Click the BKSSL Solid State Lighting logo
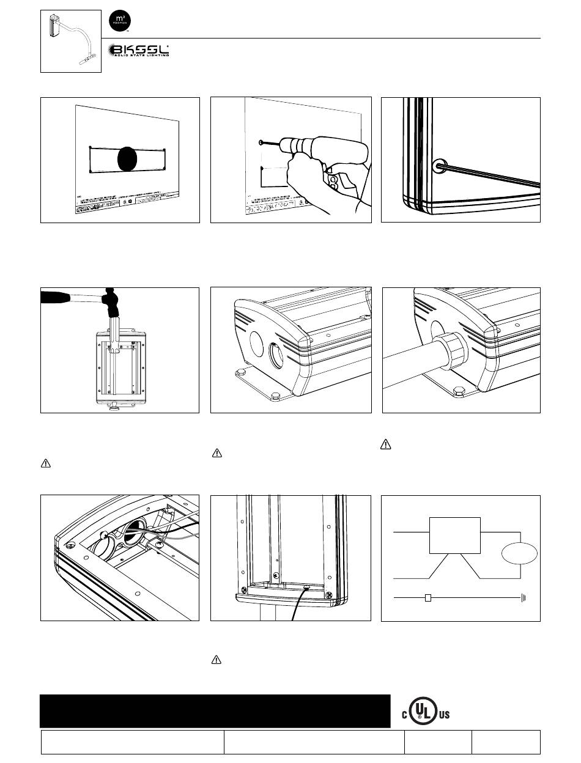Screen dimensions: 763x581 point(139,51)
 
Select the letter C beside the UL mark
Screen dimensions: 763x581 point(404,715)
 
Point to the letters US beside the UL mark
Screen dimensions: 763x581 point(444,715)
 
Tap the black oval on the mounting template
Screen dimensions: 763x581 point(128,159)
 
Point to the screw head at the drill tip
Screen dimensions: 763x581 point(261,142)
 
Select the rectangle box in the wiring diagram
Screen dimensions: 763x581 point(455,535)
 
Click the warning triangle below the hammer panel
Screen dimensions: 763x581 point(45,463)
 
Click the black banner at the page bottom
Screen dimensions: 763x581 point(215,710)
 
